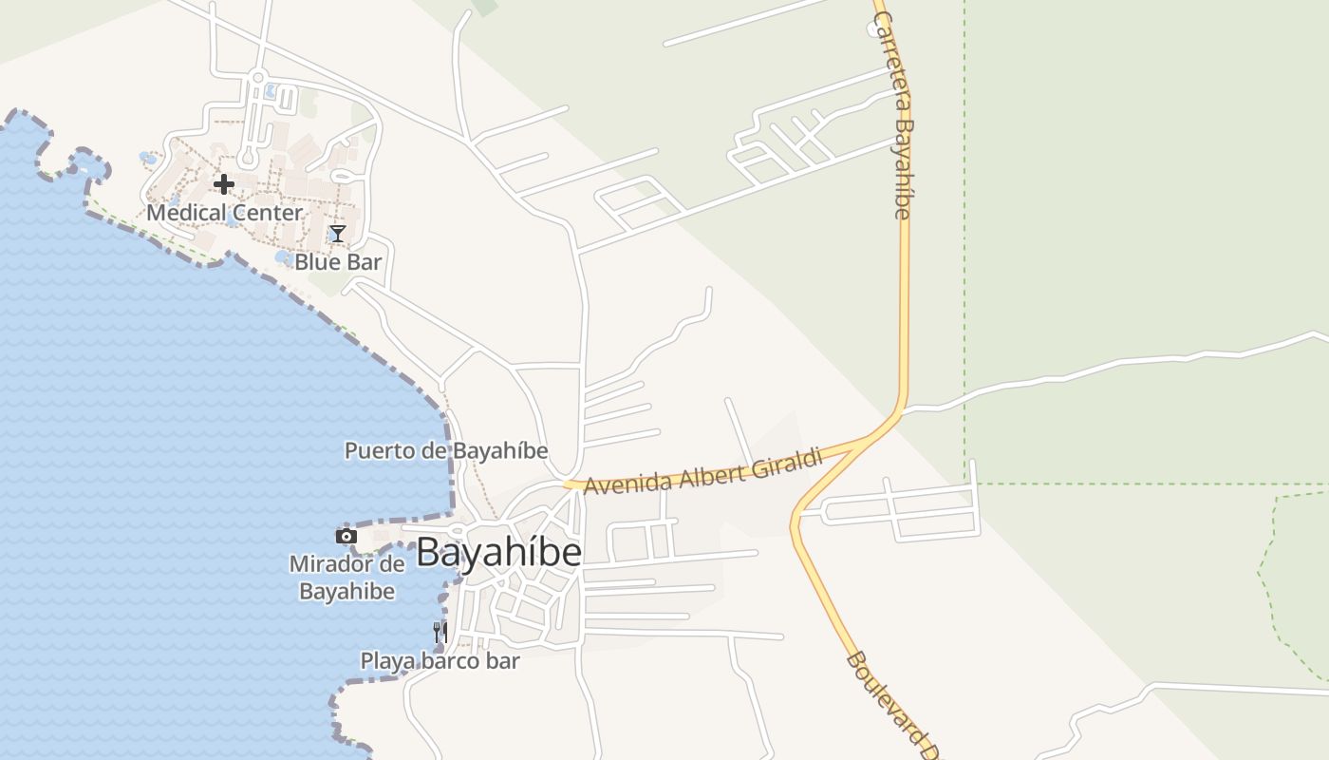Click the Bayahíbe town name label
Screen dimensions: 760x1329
(x=498, y=552)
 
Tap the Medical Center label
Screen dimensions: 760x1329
(x=224, y=213)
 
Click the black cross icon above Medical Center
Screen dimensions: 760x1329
(x=224, y=183)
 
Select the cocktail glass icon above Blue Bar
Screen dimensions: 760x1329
(x=337, y=234)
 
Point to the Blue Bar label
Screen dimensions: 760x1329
(x=338, y=262)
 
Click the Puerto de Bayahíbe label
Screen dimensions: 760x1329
(x=446, y=450)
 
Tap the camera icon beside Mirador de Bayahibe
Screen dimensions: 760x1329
(x=346, y=537)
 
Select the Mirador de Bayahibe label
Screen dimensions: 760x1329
(x=346, y=578)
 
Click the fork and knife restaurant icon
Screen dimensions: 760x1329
(x=440, y=633)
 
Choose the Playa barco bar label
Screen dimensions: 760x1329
(x=440, y=660)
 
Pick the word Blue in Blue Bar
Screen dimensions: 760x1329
(x=316, y=262)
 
